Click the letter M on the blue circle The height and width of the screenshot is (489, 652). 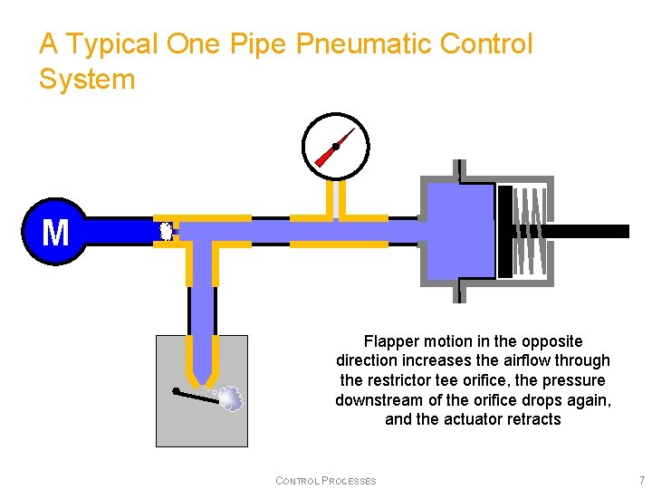[x=55, y=232]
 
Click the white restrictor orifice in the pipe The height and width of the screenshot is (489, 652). [x=166, y=231]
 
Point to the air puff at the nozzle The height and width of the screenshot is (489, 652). [x=231, y=398]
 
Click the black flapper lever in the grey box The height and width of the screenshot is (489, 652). [x=197, y=395]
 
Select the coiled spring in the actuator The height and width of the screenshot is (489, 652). [x=531, y=232]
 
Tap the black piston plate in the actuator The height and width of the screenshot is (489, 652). [x=504, y=232]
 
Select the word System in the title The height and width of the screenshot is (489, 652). [x=87, y=80]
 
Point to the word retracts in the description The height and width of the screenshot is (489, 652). [x=532, y=419]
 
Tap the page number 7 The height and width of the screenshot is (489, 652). [x=641, y=480]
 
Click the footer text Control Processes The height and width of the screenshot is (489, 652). [x=325, y=480]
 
